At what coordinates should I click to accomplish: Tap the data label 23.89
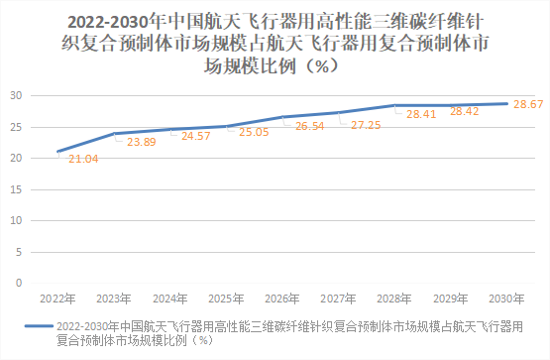click(x=139, y=142)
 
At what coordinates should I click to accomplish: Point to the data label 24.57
click(x=195, y=136)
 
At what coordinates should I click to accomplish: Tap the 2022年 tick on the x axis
click(x=57, y=297)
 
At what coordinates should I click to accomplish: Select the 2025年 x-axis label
click(x=227, y=297)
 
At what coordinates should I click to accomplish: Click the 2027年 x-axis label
click(x=339, y=297)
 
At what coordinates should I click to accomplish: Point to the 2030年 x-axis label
click(x=507, y=297)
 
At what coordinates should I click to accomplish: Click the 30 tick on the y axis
click(x=17, y=95)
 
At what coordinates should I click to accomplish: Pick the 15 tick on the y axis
click(x=17, y=188)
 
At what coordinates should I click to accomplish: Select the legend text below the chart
click(x=287, y=331)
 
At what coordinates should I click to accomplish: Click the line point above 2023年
click(x=114, y=133)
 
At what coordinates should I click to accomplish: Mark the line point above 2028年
click(x=395, y=105)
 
